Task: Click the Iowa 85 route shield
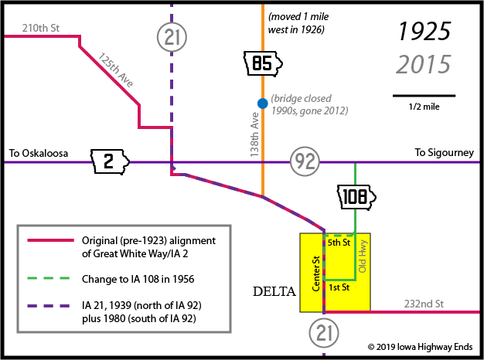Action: (263, 63)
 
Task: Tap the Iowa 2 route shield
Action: (110, 161)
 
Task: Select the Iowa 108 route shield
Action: (356, 198)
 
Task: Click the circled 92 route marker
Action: (305, 161)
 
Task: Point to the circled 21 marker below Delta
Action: (324, 333)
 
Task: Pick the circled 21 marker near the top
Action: (172, 37)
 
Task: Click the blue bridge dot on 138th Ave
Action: (263, 104)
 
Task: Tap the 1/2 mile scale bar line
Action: (424, 96)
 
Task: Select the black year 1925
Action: (424, 32)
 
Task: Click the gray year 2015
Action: (423, 64)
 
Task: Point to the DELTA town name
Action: (274, 291)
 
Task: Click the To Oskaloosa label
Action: (39, 153)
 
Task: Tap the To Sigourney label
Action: (444, 153)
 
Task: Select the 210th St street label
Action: (41, 28)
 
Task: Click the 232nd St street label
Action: (424, 304)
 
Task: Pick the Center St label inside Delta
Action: (315, 273)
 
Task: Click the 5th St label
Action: (339, 243)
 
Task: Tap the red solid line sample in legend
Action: (50, 240)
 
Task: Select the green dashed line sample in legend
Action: (49, 278)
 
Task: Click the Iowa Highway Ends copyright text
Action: (420, 347)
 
